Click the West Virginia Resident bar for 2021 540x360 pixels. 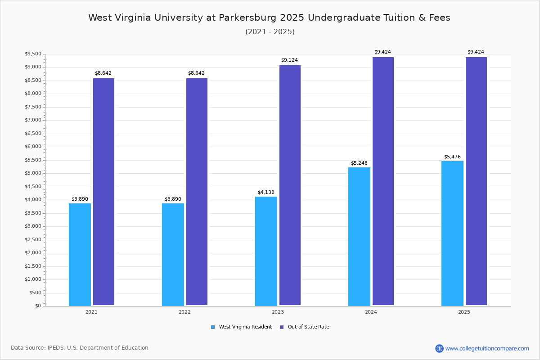coord(80,254)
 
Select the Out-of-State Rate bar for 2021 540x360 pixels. coord(103,192)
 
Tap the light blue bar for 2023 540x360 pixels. coord(266,251)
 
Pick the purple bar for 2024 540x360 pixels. coord(383,181)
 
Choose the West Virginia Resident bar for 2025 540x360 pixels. coord(452,233)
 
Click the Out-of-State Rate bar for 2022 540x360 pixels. coord(197,192)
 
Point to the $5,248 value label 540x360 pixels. coord(359,163)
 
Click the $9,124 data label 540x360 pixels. coord(289,60)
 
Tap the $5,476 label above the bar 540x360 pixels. coord(452,157)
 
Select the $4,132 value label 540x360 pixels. coord(266,192)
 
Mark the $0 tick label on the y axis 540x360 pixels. coord(38,306)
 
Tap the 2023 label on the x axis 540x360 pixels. coord(278,312)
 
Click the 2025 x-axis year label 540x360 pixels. coord(464,312)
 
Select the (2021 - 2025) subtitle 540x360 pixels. coord(270,32)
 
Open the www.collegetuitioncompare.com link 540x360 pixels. coord(487,348)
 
